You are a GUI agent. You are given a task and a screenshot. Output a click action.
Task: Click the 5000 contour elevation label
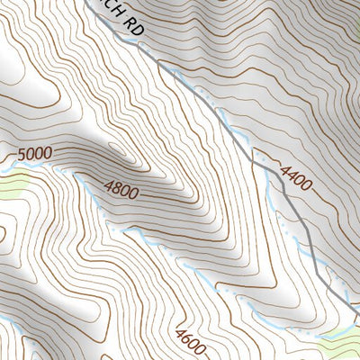pyautogui.click(x=35, y=154)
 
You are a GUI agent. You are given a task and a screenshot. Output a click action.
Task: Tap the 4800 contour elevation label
pyautogui.click(x=123, y=189)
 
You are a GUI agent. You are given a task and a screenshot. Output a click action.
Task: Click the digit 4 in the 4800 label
pyautogui.click(x=109, y=186)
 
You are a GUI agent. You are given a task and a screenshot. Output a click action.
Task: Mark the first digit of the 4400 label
pyautogui.click(x=285, y=167)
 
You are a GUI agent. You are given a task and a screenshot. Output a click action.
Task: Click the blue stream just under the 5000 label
pyautogui.click(x=36, y=167)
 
